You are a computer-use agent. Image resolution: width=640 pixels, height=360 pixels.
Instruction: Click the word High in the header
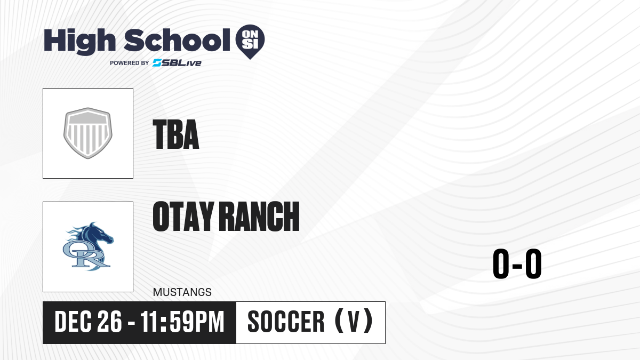pos(80,42)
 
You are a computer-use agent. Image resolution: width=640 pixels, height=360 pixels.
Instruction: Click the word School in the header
pos(177,40)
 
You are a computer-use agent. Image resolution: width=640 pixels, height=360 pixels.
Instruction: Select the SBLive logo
pos(177,63)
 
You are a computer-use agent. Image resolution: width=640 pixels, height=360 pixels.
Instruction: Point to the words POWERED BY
pos(130,63)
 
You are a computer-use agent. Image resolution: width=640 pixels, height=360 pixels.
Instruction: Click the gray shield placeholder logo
pos(88,133)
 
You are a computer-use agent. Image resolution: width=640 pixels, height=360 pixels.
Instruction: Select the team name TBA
pos(175,134)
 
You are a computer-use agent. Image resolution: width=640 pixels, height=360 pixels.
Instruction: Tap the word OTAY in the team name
pos(183,217)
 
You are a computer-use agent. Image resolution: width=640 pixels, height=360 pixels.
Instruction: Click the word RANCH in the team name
pos(261,217)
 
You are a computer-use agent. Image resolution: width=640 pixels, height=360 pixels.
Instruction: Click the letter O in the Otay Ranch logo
pos(74,250)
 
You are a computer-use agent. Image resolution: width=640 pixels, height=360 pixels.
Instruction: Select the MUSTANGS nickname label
pos(182,292)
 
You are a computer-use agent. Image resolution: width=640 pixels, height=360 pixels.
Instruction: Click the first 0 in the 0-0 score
pos(501,263)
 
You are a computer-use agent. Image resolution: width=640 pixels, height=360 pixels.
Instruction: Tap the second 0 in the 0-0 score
pos(533,263)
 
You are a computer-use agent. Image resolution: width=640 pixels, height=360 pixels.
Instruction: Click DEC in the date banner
pos(73,322)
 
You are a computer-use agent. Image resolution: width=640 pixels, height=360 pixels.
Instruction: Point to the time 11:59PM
pos(182,322)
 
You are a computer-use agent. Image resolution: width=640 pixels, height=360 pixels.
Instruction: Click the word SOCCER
pos(286,322)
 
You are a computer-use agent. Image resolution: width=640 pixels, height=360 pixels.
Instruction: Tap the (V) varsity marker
pos(354,321)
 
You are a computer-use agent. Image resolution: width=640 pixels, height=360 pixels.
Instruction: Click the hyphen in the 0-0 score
pos(517,266)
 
